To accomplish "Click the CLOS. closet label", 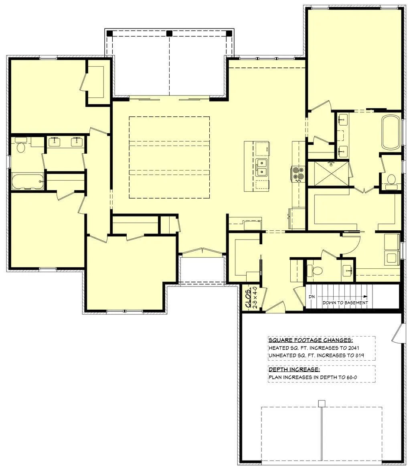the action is (249, 298).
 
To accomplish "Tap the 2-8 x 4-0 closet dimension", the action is (255, 297).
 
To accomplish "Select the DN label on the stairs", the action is (312, 296).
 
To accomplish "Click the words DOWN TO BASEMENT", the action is (345, 302).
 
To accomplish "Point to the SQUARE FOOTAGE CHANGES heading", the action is (311, 340).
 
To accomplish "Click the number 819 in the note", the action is (360, 355).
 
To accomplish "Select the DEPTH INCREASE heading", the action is (294, 369).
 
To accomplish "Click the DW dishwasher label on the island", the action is (267, 149).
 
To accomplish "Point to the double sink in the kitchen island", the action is (261, 167).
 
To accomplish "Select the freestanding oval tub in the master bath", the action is (391, 132).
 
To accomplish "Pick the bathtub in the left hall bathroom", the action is (28, 181).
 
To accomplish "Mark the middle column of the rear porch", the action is (170, 33).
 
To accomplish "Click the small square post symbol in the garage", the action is (322, 403).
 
